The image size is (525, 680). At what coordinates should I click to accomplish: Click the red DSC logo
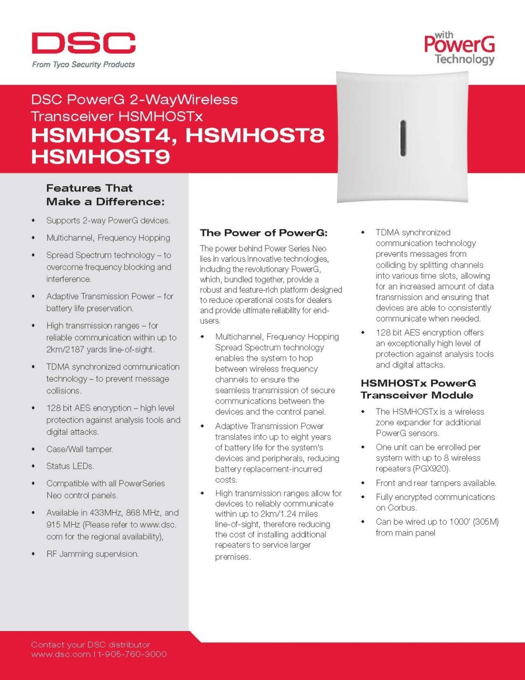click(x=84, y=43)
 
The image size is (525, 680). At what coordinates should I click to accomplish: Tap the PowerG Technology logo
click(x=460, y=48)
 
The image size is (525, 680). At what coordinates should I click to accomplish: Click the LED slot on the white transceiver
click(x=403, y=138)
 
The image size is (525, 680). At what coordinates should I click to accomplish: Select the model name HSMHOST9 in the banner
click(x=101, y=156)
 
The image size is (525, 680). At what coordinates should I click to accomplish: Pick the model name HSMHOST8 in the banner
click(x=255, y=136)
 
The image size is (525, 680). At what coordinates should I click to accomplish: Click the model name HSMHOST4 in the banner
click(x=102, y=136)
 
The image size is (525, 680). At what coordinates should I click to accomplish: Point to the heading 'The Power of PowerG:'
click(x=264, y=233)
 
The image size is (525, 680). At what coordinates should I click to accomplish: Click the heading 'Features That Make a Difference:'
click(x=105, y=195)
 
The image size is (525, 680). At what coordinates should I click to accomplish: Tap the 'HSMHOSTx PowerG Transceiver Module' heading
click(x=418, y=389)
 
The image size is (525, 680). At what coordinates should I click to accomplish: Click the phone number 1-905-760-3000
click(x=133, y=654)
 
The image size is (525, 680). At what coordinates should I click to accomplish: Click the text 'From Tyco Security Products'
click(x=84, y=65)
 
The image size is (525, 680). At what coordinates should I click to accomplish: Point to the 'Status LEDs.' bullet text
click(x=70, y=466)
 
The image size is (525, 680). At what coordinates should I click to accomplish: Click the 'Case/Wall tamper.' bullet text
click(x=79, y=449)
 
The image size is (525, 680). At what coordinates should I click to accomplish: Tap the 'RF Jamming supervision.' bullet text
click(x=93, y=554)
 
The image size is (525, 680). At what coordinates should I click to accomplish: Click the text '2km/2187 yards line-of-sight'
click(x=100, y=350)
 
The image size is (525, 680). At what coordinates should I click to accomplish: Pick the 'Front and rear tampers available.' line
click(x=436, y=483)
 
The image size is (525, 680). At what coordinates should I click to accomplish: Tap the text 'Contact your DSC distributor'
click(x=90, y=645)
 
